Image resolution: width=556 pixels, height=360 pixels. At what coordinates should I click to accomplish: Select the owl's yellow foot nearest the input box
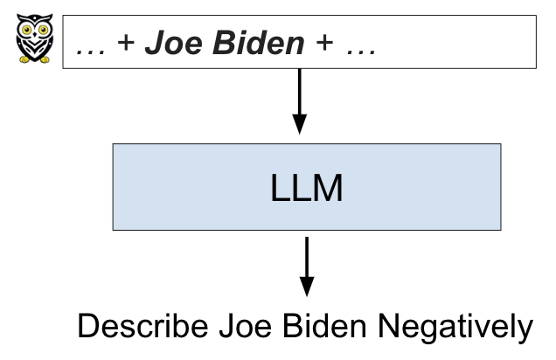point(39,60)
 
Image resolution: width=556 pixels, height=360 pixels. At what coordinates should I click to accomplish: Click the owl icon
point(34,39)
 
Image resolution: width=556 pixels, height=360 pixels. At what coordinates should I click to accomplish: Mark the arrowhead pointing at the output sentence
point(306,287)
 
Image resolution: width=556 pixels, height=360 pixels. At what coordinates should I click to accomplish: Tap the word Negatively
point(456,328)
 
